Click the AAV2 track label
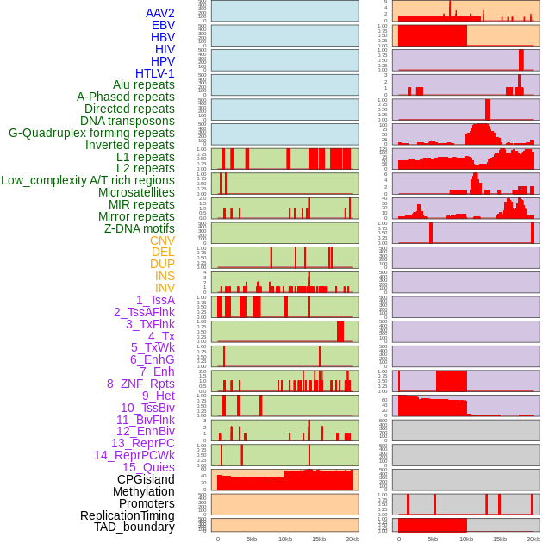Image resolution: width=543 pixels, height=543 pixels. tap(160, 13)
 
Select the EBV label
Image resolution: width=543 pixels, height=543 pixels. tap(163, 25)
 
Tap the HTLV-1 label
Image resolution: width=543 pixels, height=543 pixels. tap(155, 73)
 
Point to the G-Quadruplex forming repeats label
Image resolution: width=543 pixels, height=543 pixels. tap(91, 133)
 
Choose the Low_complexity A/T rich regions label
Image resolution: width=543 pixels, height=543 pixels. tap(88, 180)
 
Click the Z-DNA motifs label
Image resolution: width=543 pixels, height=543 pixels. tap(140, 228)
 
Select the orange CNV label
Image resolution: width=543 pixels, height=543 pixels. tap(162, 240)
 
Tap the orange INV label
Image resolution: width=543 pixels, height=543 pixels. tap(165, 288)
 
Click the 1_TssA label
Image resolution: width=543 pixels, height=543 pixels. tap(155, 300)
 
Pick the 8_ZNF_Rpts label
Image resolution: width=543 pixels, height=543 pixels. tap(140, 384)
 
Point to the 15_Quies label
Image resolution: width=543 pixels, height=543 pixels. tap(148, 467)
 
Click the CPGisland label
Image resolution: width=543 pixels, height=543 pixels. tap(146, 479)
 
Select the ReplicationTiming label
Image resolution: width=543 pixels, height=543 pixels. tap(128, 515)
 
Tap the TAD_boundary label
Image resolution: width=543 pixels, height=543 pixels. tap(134, 527)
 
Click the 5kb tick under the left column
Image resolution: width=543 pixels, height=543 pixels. tap(252, 539)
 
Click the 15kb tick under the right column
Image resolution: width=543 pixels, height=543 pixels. tap(499, 539)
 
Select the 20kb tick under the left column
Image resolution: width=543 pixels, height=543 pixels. tap(353, 539)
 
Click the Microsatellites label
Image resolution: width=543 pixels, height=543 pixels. tap(136, 192)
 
